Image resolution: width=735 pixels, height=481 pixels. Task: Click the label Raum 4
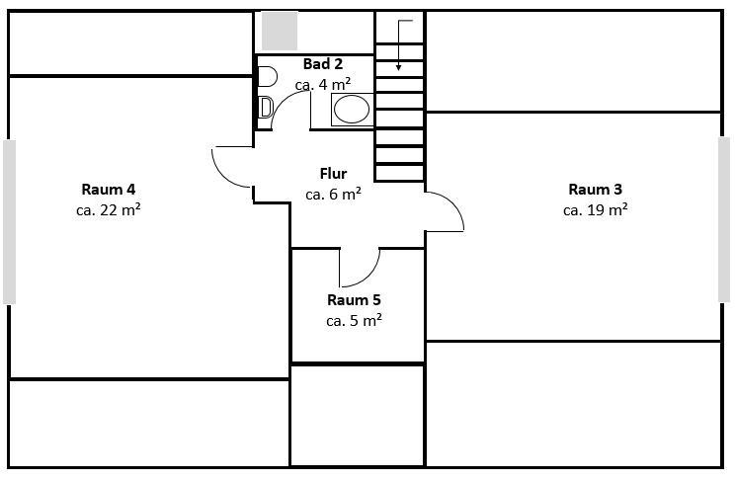tap(109, 189)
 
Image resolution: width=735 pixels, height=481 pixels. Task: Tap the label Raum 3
tap(595, 189)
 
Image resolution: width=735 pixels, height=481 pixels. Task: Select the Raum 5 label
tap(354, 300)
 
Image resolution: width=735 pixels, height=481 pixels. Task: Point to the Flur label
tap(333, 174)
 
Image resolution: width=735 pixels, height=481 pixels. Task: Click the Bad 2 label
tap(323, 64)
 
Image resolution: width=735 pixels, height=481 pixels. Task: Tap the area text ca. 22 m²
tap(109, 209)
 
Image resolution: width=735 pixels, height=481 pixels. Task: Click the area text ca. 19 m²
tap(595, 209)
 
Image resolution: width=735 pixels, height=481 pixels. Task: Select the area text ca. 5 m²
tap(354, 320)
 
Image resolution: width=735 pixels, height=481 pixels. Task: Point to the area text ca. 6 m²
tap(333, 194)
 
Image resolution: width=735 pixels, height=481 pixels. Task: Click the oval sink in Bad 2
tap(351, 110)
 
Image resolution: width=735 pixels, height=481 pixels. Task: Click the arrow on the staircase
tap(399, 45)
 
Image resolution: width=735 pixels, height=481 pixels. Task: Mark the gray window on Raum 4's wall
tap(9, 221)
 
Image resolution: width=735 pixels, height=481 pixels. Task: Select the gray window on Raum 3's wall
tap(724, 218)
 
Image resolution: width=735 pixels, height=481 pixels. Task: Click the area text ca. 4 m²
tap(323, 84)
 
